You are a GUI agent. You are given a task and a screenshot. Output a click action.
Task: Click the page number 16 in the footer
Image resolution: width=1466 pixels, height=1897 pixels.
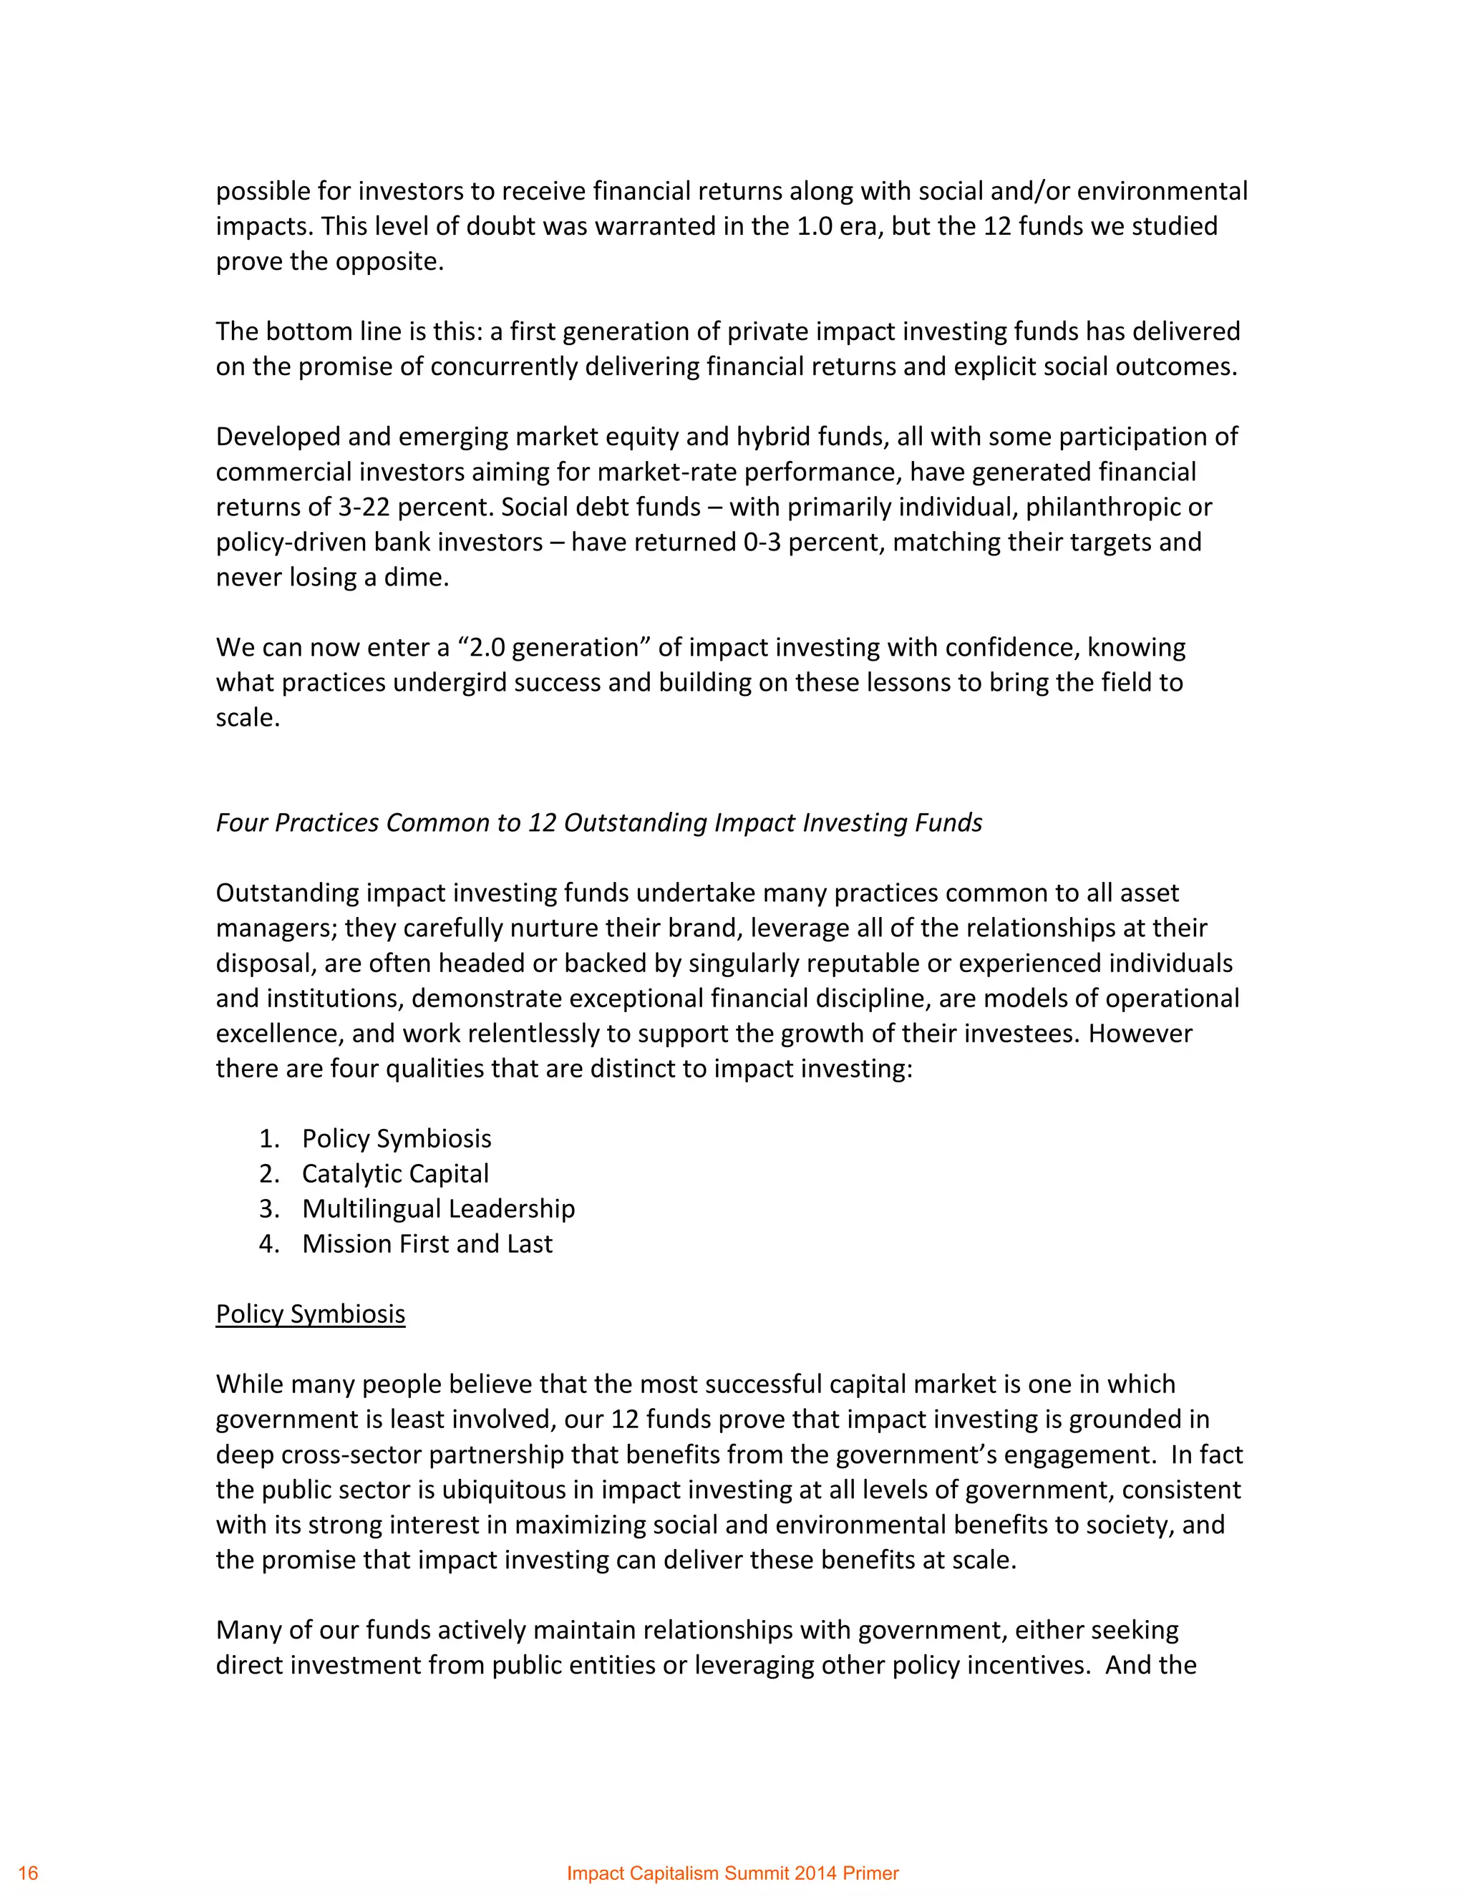point(28,1873)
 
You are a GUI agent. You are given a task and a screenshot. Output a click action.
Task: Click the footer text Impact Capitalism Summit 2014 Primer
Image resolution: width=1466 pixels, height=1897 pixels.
point(732,1873)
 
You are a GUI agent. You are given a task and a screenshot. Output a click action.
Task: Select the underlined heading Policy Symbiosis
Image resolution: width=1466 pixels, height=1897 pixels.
point(310,1314)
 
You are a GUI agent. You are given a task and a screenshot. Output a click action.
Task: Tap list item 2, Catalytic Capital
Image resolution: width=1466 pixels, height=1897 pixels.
point(395,1173)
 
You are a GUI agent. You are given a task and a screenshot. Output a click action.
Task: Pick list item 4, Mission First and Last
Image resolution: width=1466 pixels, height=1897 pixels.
point(427,1244)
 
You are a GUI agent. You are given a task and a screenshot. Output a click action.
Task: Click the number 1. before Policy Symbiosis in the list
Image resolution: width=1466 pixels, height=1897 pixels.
point(268,1139)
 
